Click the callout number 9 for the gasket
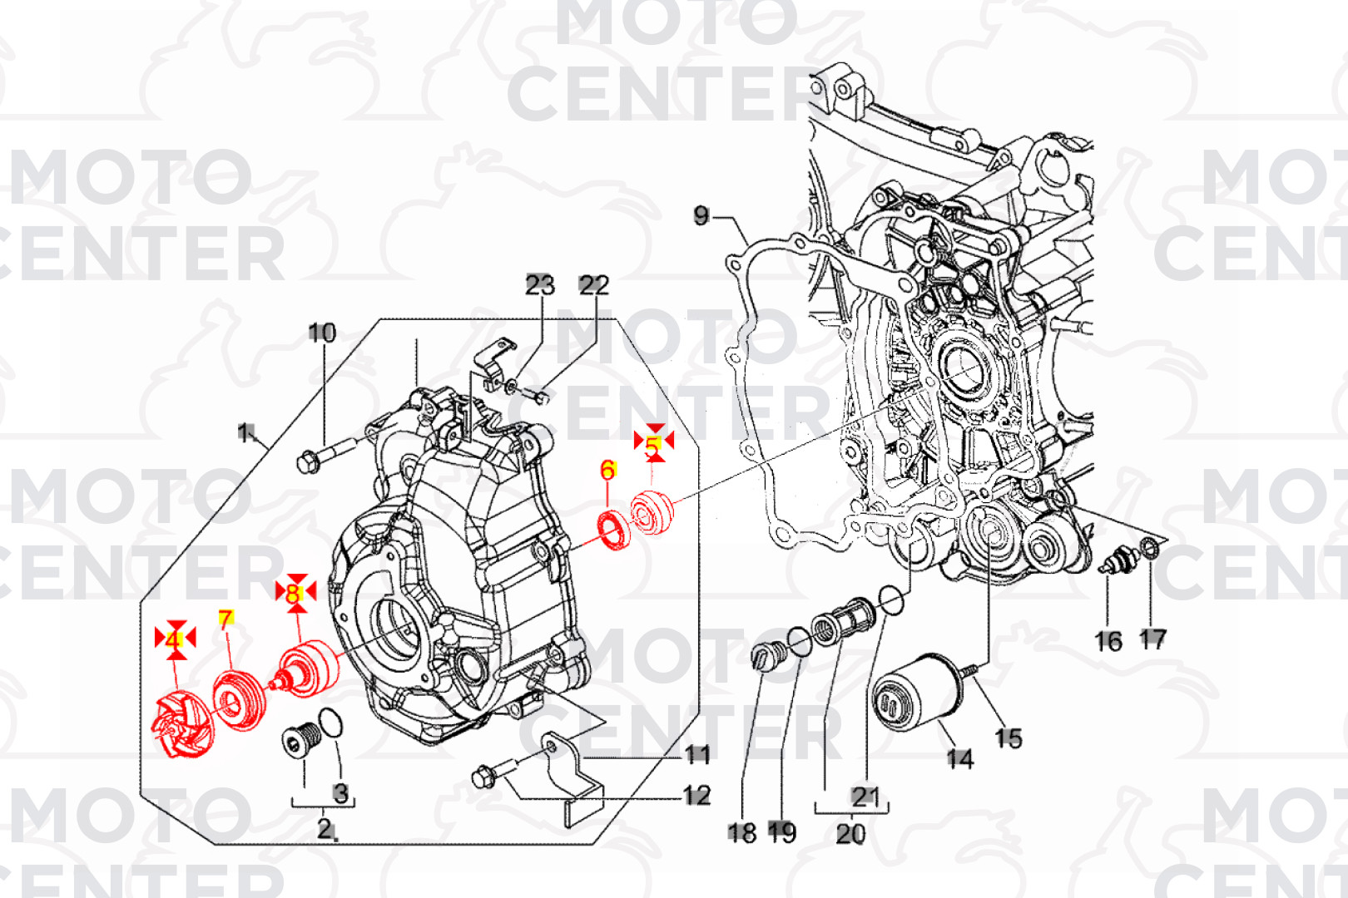(x=701, y=216)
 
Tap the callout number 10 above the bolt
(x=322, y=333)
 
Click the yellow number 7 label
(x=225, y=619)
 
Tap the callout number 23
(x=539, y=285)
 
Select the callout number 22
(x=593, y=285)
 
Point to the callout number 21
(x=865, y=797)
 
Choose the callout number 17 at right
(x=1152, y=639)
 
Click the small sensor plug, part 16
(x=1114, y=560)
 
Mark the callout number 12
(x=696, y=796)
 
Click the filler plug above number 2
(x=300, y=739)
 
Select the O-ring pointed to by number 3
(x=330, y=723)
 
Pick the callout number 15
(x=1009, y=738)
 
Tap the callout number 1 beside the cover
(x=245, y=432)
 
